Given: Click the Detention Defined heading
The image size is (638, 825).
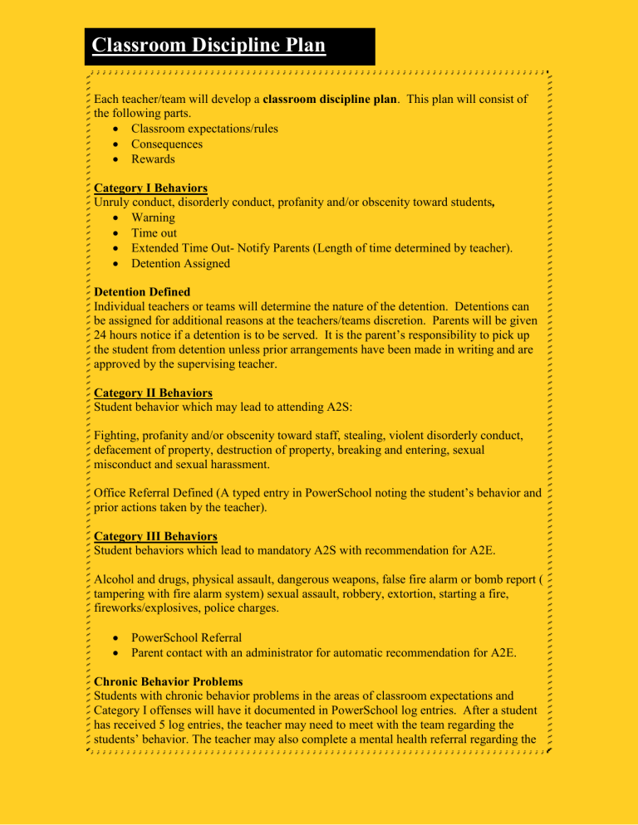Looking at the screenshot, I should coord(142,292).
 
